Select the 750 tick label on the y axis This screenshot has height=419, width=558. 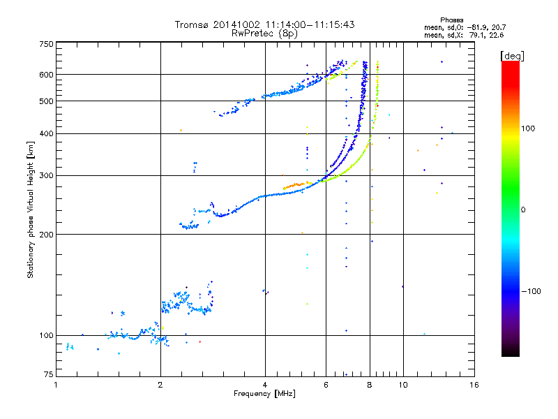(x=46, y=44)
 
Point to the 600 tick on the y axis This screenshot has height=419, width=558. (x=46, y=74)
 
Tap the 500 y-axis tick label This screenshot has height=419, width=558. (x=46, y=101)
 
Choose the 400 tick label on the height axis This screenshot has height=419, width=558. (x=46, y=133)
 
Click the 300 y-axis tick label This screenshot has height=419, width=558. (x=46, y=175)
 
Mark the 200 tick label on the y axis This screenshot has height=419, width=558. (x=46, y=235)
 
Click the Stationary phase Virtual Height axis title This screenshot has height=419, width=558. (x=31, y=209)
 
